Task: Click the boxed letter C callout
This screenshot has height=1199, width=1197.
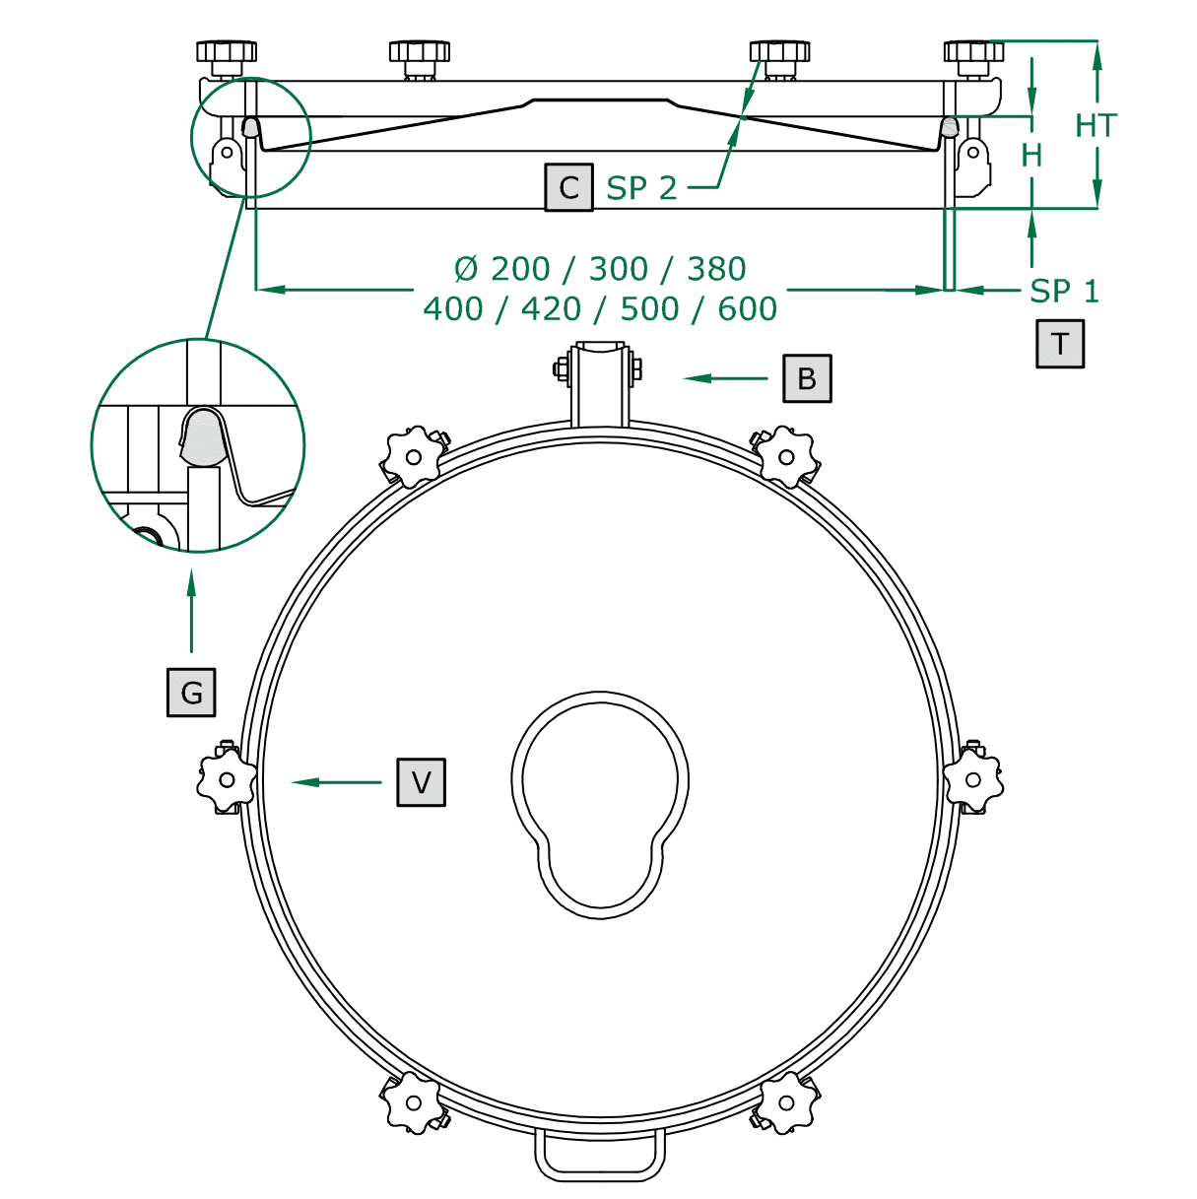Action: (568, 187)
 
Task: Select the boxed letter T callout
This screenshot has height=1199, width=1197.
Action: (1059, 344)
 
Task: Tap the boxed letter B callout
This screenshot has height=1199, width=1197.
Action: (807, 378)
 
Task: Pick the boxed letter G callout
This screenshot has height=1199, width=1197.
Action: (191, 692)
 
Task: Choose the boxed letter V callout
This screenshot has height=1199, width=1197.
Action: (422, 782)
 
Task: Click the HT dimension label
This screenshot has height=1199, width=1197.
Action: (1097, 126)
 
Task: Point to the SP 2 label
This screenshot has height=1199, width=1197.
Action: (641, 187)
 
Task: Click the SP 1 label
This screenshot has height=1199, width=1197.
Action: (1064, 291)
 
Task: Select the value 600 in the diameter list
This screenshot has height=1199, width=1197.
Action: (747, 308)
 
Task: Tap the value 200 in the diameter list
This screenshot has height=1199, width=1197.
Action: (520, 269)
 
